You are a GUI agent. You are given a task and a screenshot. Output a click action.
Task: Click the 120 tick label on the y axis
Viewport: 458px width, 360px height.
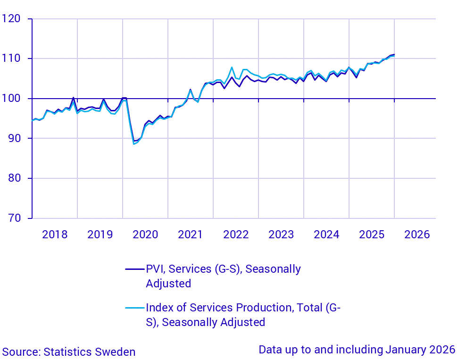click(x=12, y=19)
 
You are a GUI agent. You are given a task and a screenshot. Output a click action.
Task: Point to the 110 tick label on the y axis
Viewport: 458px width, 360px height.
click(x=12, y=59)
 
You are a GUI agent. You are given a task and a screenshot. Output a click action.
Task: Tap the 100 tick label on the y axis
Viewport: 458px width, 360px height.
click(x=12, y=99)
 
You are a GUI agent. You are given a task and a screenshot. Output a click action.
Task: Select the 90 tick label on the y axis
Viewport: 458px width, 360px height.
click(x=15, y=139)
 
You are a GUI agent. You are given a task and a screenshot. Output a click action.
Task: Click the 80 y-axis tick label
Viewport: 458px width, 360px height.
click(x=15, y=178)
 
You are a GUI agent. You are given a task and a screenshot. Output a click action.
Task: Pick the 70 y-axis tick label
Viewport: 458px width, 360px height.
click(x=15, y=218)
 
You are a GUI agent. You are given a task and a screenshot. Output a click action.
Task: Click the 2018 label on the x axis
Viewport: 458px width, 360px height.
click(x=55, y=234)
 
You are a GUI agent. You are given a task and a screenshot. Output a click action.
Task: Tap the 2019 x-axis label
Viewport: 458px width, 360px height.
click(x=100, y=234)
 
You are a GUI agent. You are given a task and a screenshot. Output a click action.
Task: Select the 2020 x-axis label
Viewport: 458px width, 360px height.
click(x=145, y=234)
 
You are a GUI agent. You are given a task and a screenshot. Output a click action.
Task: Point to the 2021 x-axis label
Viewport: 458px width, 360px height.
click(x=191, y=234)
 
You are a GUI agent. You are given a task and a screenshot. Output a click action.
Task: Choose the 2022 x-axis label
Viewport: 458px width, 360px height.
click(x=236, y=234)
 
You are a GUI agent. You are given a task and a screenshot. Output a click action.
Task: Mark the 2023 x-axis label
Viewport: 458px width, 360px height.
click(x=281, y=234)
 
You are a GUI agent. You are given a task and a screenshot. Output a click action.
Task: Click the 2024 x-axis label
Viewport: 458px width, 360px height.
click(x=326, y=234)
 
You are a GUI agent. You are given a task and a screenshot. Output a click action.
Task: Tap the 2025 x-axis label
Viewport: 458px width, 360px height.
click(x=372, y=234)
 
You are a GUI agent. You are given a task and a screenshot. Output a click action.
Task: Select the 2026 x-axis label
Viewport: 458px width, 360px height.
click(x=417, y=234)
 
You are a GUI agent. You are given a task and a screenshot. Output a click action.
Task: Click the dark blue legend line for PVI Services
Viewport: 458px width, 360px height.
click(x=134, y=269)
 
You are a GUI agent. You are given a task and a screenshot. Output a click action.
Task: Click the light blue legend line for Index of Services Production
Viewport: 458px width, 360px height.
click(x=134, y=308)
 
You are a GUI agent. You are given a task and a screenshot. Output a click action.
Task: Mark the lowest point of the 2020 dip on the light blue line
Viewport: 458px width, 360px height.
click(x=134, y=144)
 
